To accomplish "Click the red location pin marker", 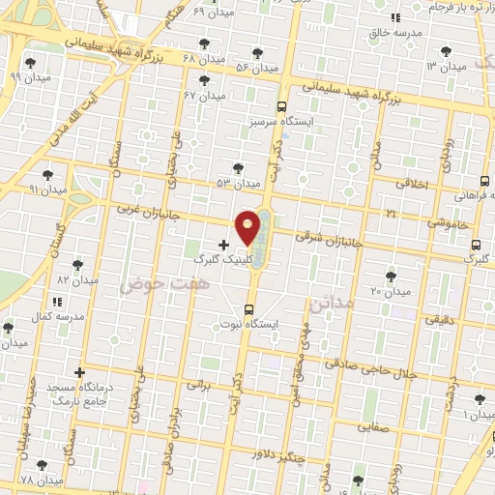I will click(249, 226).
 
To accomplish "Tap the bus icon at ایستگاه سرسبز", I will click(281, 107).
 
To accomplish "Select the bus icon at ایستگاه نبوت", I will click(249, 310).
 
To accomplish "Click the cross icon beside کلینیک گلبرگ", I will click(224, 246).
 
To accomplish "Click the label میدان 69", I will click(213, 13).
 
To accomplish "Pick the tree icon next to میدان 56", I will click(256, 53).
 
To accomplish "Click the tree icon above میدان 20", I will click(391, 277).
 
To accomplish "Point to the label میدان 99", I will click(28, 75).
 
